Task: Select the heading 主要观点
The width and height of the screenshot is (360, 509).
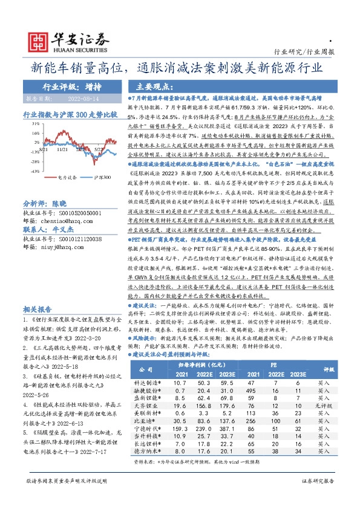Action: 152,86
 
